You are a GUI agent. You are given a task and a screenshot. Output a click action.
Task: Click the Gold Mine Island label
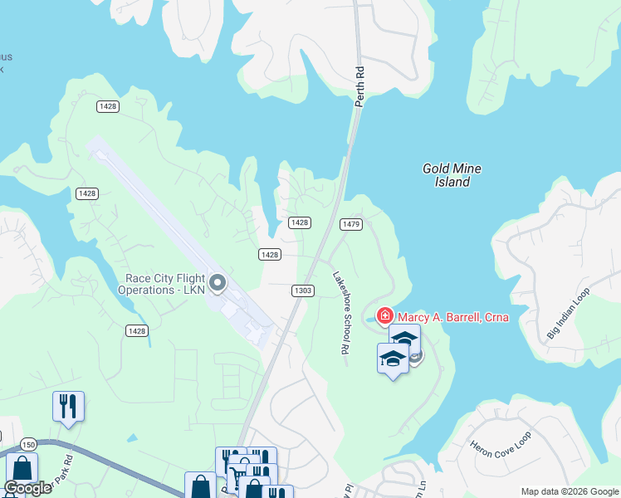[452, 175]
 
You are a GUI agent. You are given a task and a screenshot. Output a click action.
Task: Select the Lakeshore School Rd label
[340, 313]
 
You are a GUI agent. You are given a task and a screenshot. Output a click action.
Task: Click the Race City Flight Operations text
[164, 284]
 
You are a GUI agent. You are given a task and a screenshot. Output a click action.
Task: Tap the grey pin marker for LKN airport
[218, 284]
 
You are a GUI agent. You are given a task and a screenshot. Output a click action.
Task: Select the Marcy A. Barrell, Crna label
[452, 317]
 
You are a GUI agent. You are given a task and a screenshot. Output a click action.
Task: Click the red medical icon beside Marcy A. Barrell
[385, 316]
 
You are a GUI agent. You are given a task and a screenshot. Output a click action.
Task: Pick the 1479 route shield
[350, 223]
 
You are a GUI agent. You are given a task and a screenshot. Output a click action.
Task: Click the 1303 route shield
[302, 290]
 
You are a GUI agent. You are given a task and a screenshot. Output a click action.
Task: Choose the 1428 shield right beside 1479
[300, 222]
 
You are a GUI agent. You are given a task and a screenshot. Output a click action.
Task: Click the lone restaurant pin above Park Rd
[68, 406]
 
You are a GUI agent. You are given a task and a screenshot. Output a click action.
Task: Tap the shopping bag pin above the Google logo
[22, 468]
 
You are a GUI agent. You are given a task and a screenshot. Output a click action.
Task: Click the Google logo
[27, 488]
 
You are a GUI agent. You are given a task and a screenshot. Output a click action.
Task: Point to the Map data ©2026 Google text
[569, 491]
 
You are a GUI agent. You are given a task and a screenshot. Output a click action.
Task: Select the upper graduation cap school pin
[404, 339]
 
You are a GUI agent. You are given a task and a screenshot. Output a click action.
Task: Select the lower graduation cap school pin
[393, 359]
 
